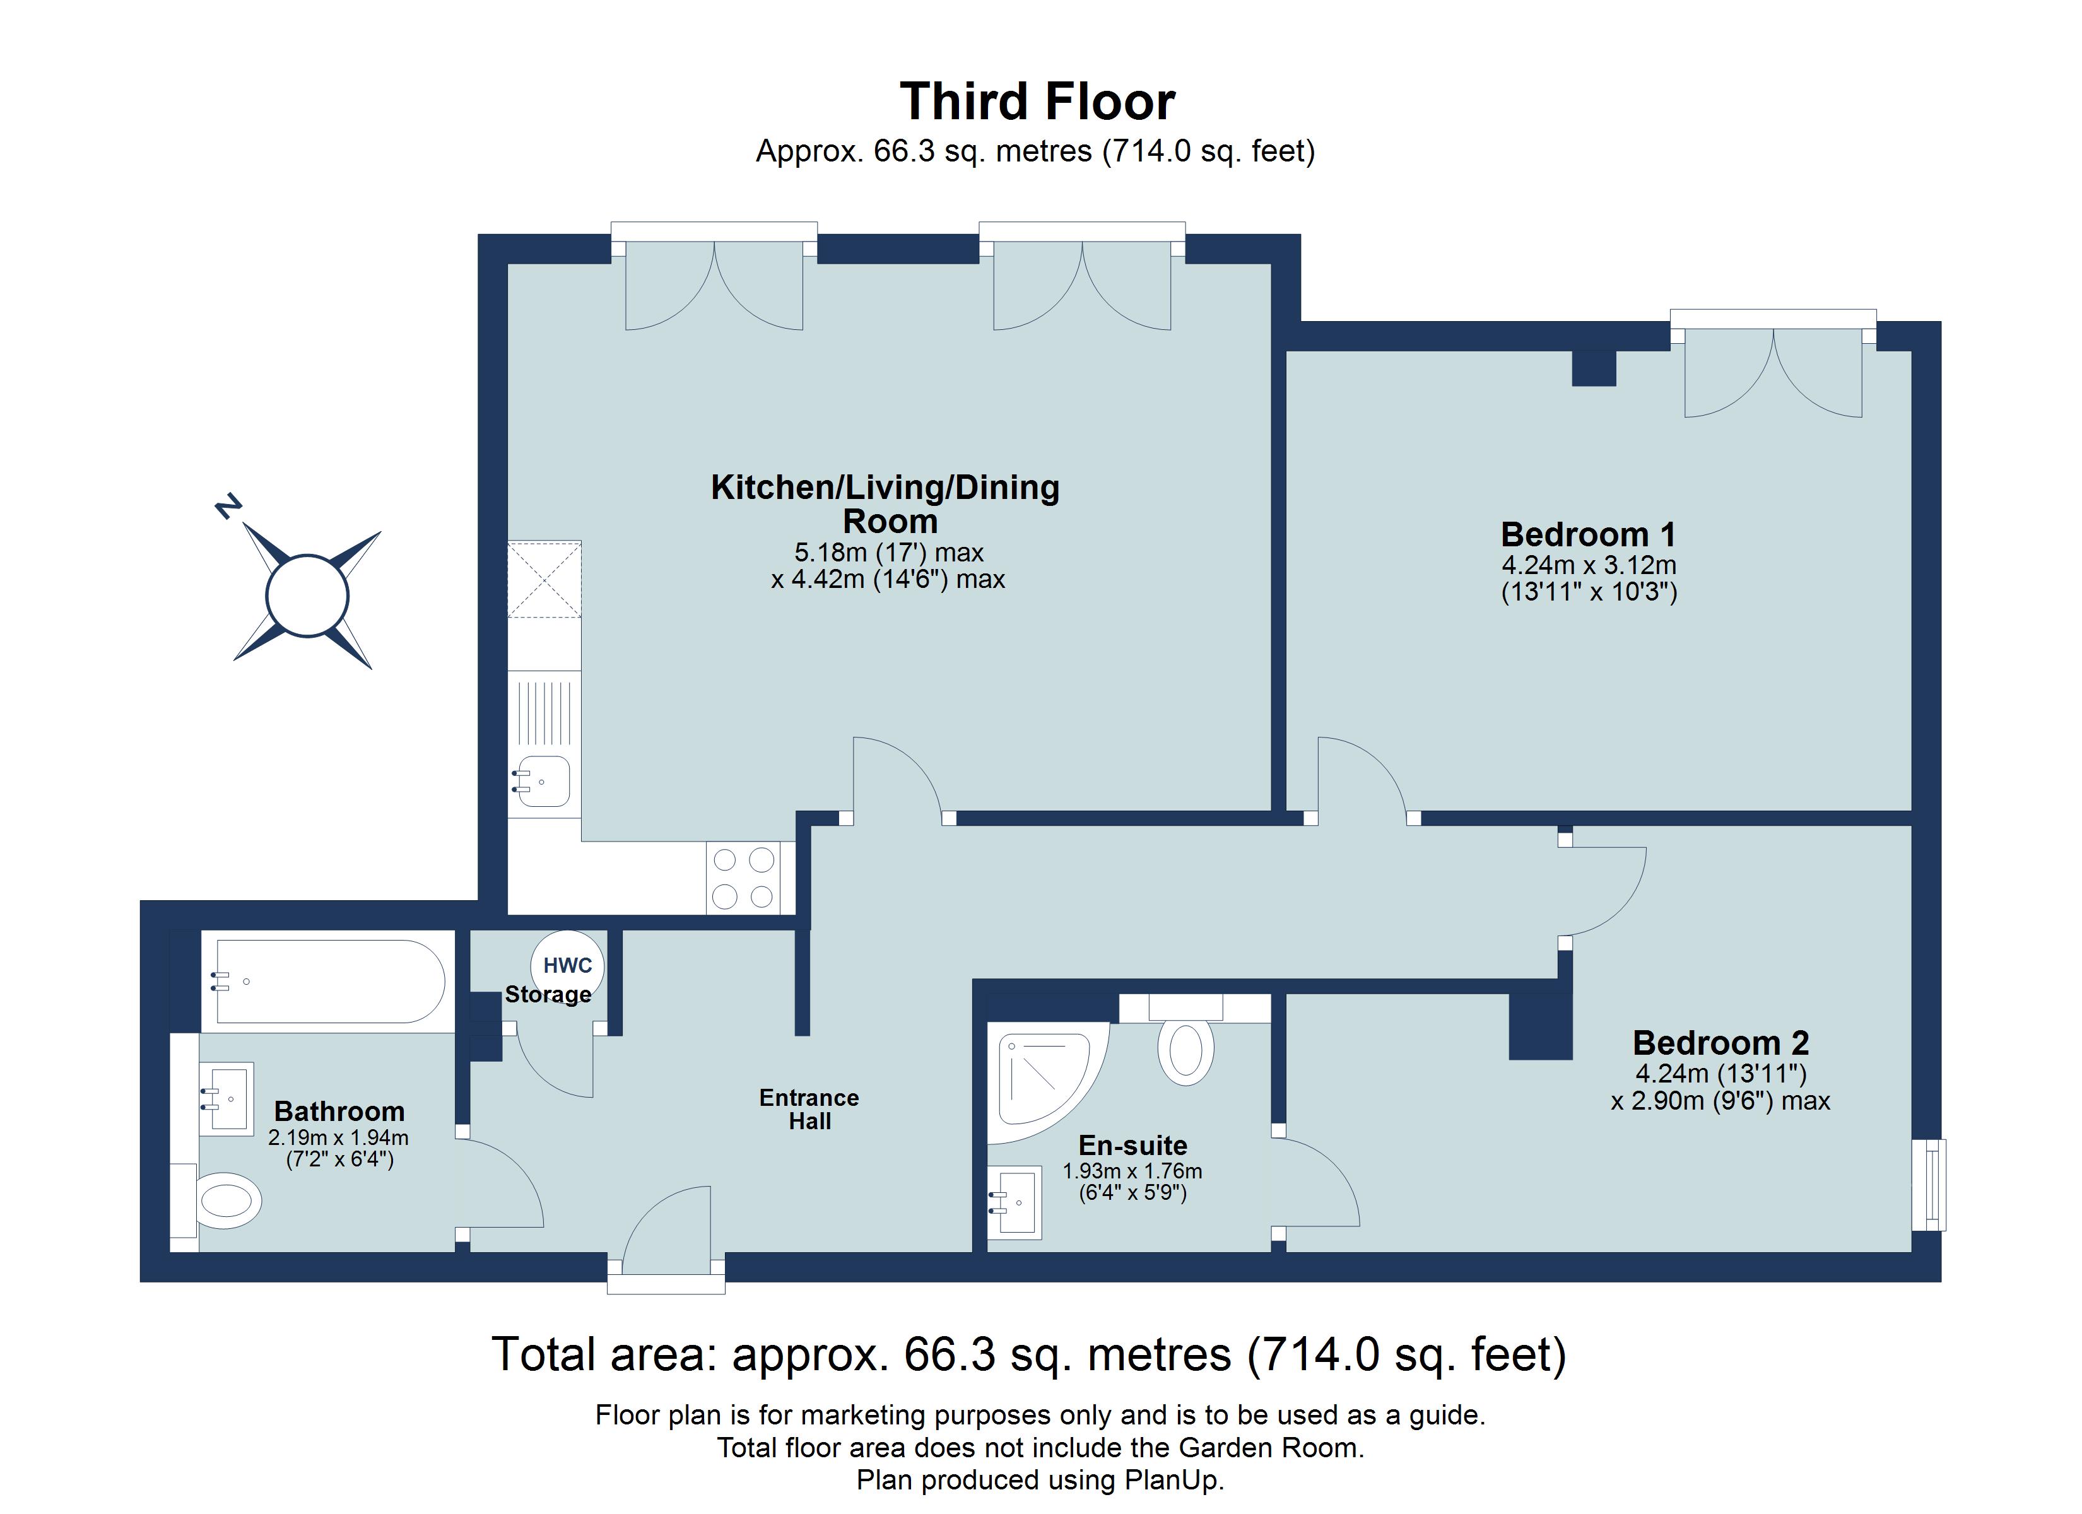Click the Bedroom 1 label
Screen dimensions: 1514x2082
tap(1587, 534)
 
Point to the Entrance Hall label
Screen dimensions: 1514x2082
tap(809, 1109)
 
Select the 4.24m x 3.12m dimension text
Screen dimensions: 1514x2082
tap(1588, 565)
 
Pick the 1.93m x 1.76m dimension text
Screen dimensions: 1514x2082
tap(1131, 1171)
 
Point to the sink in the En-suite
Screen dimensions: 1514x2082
tap(1017, 1201)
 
